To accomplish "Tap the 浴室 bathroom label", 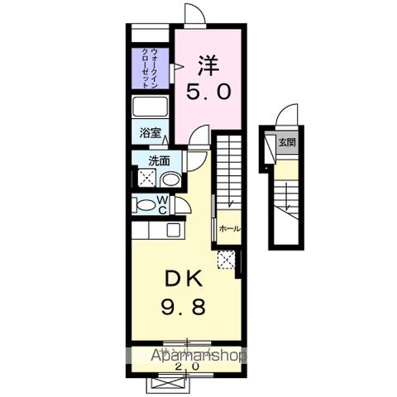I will [x=149, y=132].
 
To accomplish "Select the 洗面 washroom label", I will [x=160, y=161].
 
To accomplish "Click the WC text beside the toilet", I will [x=162, y=205].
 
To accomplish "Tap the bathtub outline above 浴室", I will [x=150, y=108].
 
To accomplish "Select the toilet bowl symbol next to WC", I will [x=143, y=205].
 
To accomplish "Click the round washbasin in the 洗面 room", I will [x=170, y=179].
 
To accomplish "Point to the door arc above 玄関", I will [x=287, y=116].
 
